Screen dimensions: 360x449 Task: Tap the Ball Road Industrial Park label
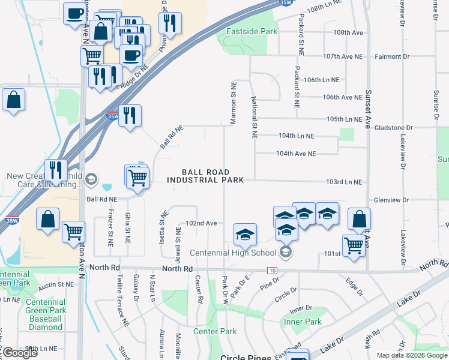[206, 176]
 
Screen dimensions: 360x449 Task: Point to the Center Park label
[214, 331]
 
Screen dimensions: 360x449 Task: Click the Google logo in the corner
[20, 353]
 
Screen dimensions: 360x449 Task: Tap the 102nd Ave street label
[200, 223]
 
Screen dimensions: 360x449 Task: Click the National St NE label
[255, 118]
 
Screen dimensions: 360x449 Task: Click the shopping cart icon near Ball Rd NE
[138, 178]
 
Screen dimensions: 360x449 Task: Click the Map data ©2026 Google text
[412, 355]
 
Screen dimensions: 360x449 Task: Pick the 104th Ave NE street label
[295, 154]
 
